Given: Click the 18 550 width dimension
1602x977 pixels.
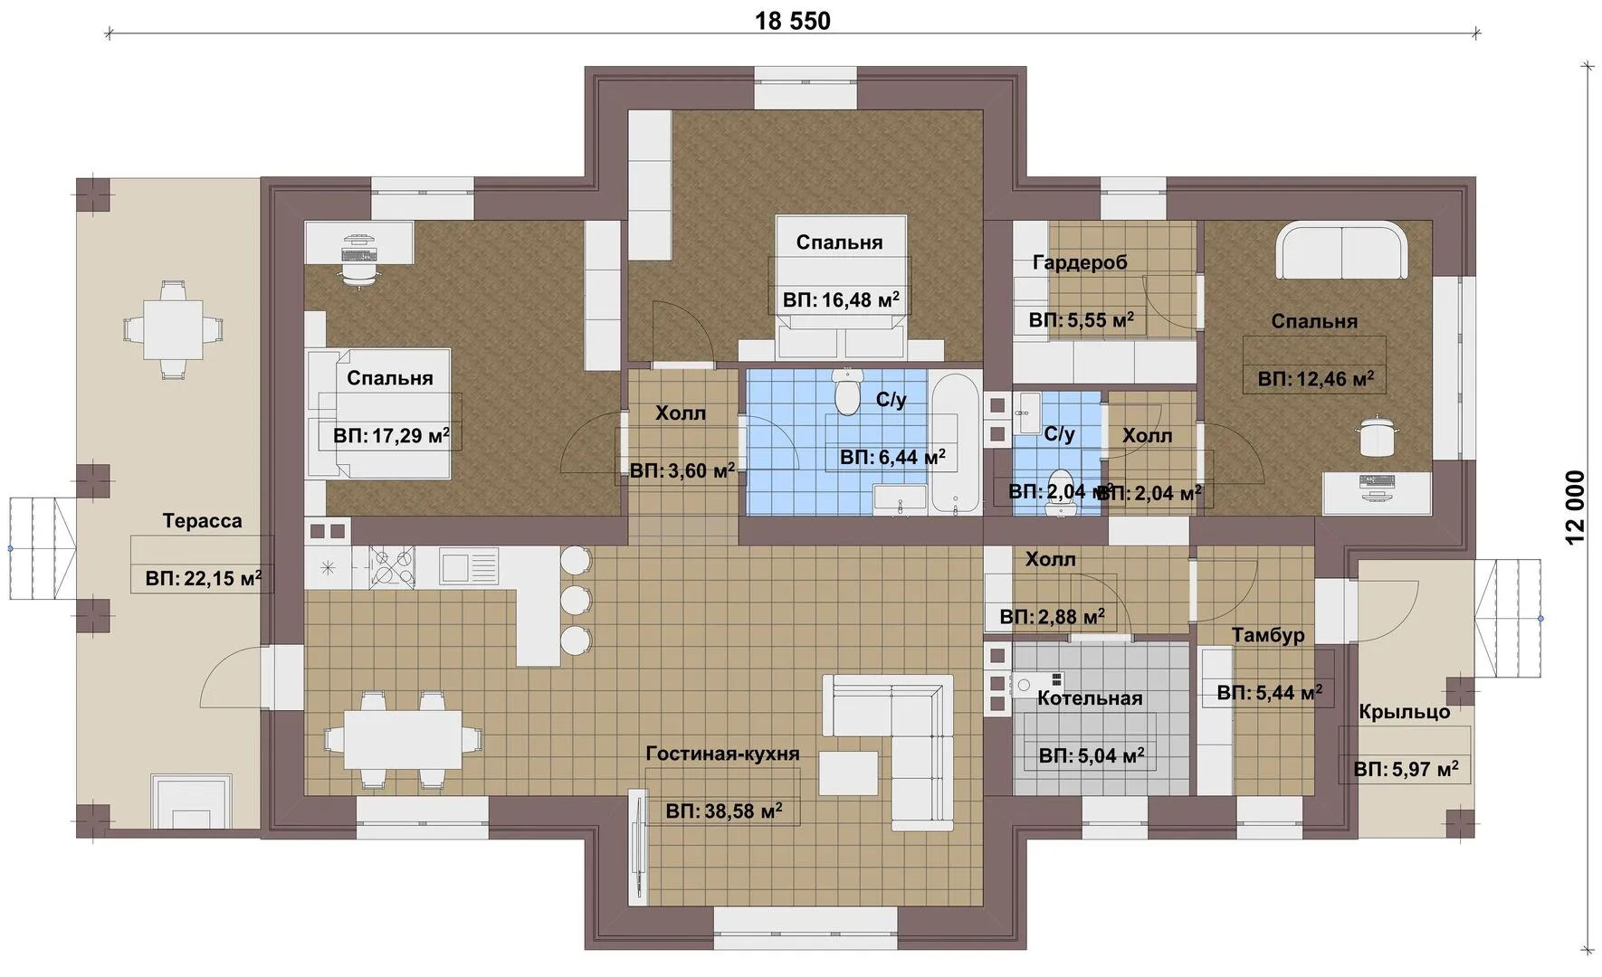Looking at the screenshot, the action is (x=793, y=20).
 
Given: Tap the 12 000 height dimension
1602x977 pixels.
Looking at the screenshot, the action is (x=1576, y=507).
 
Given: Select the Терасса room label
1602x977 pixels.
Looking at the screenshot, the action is (x=203, y=521).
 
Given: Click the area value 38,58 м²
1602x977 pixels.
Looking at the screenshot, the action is (x=724, y=811).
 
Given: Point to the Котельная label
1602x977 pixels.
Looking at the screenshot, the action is (x=1090, y=698).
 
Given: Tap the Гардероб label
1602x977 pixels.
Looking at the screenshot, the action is (x=1081, y=262).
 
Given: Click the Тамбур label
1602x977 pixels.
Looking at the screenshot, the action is (x=1268, y=635).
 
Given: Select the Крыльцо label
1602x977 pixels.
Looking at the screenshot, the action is (x=1405, y=712).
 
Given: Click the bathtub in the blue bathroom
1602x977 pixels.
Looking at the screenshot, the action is (x=955, y=443).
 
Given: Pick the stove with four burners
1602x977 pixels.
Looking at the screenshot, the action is (x=393, y=567).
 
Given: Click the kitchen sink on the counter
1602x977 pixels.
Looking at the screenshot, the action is (x=469, y=567).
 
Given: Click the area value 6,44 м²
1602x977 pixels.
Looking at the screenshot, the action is (x=892, y=458).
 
